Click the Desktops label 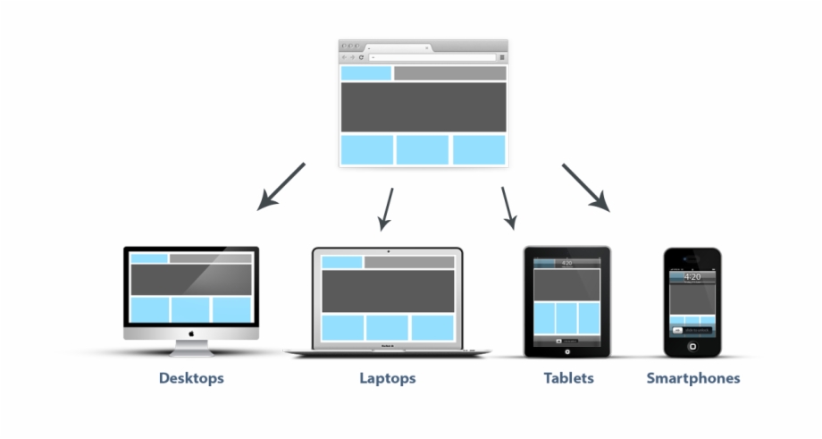pos(191,378)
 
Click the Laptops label pos(387,378)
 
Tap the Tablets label pos(568,378)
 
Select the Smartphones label pos(692,378)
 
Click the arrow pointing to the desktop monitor pos(281,187)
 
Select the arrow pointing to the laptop pos(386,207)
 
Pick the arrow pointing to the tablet pos(508,207)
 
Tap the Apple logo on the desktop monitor pos(190,332)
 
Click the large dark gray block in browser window pos(424,107)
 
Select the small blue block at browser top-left pos(365,73)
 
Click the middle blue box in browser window pos(423,149)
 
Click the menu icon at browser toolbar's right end pos(502,57)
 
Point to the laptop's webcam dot pos(388,251)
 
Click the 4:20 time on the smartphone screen pos(692,277)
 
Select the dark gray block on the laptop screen pos(387,291)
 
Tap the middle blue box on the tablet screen pos(566,317)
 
